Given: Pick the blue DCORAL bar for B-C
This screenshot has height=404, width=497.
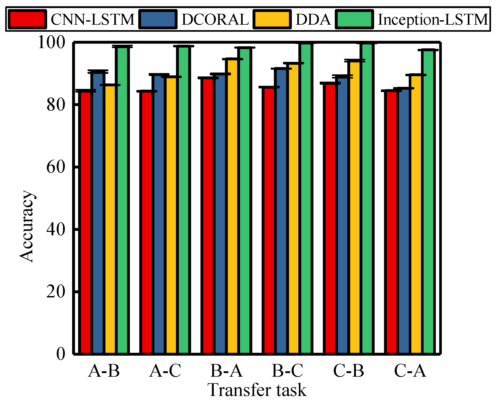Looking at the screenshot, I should point(281,211).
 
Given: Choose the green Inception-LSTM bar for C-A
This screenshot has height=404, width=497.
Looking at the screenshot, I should point(428,201).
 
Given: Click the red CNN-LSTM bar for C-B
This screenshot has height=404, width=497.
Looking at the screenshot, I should point(330,218).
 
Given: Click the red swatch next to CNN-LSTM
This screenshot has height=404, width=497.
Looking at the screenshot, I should point(28,19).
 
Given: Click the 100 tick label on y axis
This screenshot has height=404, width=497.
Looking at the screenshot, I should point(51,42).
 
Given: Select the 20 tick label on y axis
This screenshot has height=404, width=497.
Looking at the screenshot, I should point(55,291).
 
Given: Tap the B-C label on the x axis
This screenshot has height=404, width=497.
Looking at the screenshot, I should point(287,370).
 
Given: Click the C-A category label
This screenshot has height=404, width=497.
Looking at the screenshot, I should point(410,370).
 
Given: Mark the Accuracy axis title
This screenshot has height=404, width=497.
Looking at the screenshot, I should point(27,226).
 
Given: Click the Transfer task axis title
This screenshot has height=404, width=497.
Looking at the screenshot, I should point(257,390).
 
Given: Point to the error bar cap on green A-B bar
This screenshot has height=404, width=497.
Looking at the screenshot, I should point(122,46).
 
